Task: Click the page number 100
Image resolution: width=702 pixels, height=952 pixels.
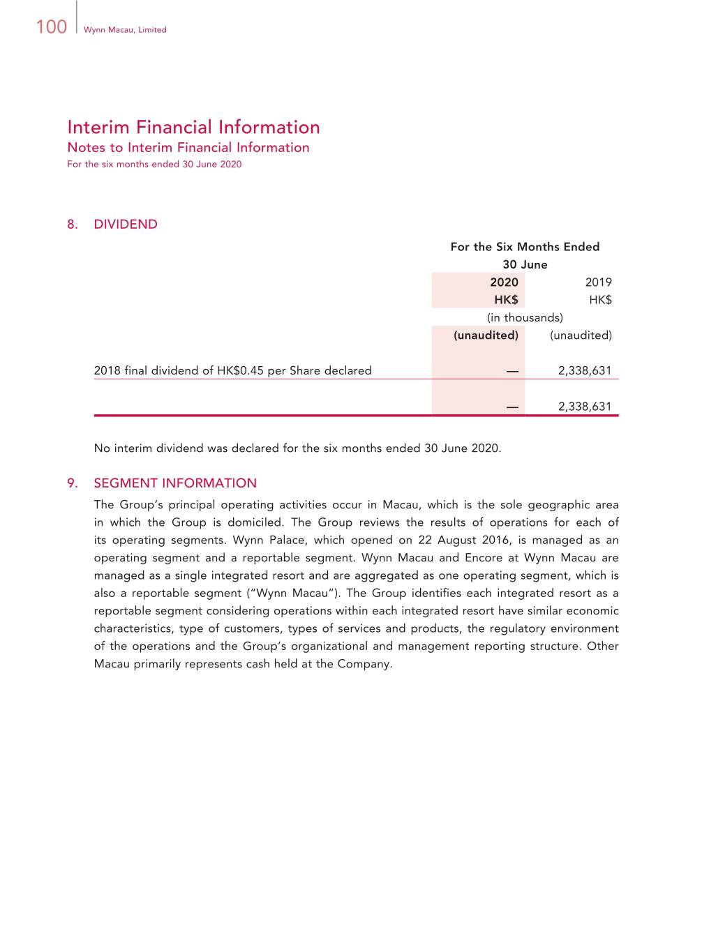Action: (x=51, y=27)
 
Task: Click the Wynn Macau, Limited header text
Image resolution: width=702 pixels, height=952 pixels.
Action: (x=125, y=30)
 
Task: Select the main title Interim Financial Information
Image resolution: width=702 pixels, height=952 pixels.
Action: (x=193, y=127)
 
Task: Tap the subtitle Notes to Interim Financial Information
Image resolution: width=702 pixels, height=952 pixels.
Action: (x=188, y=147)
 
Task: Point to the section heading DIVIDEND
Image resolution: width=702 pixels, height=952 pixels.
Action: (x=126, y=224)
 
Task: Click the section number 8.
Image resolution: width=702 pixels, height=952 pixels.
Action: (x=72, y=224)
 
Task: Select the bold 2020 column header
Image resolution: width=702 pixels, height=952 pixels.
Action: (x=504, y=282)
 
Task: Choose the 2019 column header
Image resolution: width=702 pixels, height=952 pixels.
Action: (x=598, y=282)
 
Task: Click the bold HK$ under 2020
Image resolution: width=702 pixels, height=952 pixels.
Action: (x=506, y=300)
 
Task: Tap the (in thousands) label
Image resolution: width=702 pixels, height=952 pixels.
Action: (x=525, y=317)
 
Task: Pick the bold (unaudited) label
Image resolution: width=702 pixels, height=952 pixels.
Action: (x=486, y=335)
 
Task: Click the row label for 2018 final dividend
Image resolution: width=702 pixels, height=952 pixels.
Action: (x=232, y=370)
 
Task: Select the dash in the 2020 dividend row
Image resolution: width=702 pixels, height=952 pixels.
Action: (x=512, y=371)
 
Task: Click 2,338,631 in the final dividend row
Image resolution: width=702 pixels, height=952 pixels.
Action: (x=584, y=370)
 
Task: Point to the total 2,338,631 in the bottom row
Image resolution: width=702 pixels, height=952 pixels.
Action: (x=584, y=407)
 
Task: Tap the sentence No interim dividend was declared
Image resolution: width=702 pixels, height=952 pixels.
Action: (x=297, y=448)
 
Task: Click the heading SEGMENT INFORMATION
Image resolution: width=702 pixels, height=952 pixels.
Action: (x=175, y=483)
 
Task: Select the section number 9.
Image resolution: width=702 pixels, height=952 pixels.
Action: (x=72, y=483)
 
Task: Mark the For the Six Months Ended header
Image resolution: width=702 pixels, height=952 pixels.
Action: (x=525, y=247)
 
